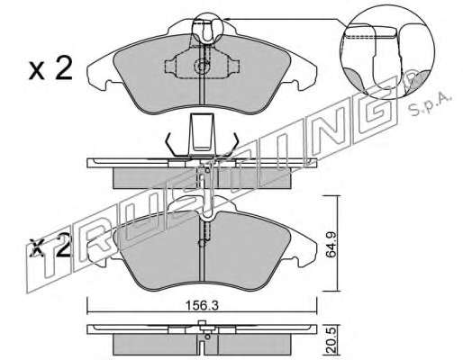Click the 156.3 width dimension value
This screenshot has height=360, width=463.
[x=202, y=306]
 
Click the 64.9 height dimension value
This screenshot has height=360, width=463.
[x=331, y=244]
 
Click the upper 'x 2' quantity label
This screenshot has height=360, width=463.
[x=50, y=69]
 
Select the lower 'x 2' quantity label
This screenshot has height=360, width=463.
[x=50, y=247]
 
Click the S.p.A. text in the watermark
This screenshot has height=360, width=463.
[x=430, y=105]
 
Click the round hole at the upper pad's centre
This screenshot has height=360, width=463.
[x=202, y=65]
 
